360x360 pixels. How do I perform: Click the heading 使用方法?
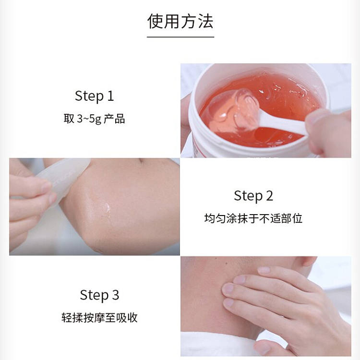180,21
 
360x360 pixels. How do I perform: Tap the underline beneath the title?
180,37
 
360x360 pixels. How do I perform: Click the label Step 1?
95,96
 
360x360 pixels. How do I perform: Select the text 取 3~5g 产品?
95,119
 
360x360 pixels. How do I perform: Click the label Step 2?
253,196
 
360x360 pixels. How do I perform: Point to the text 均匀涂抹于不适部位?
253,218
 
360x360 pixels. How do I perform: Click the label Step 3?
99,295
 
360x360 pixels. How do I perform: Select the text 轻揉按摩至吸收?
99,318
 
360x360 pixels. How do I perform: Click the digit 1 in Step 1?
110,96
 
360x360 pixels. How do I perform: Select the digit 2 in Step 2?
270,196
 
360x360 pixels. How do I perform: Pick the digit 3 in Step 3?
116,295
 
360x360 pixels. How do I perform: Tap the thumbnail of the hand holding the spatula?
47,187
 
